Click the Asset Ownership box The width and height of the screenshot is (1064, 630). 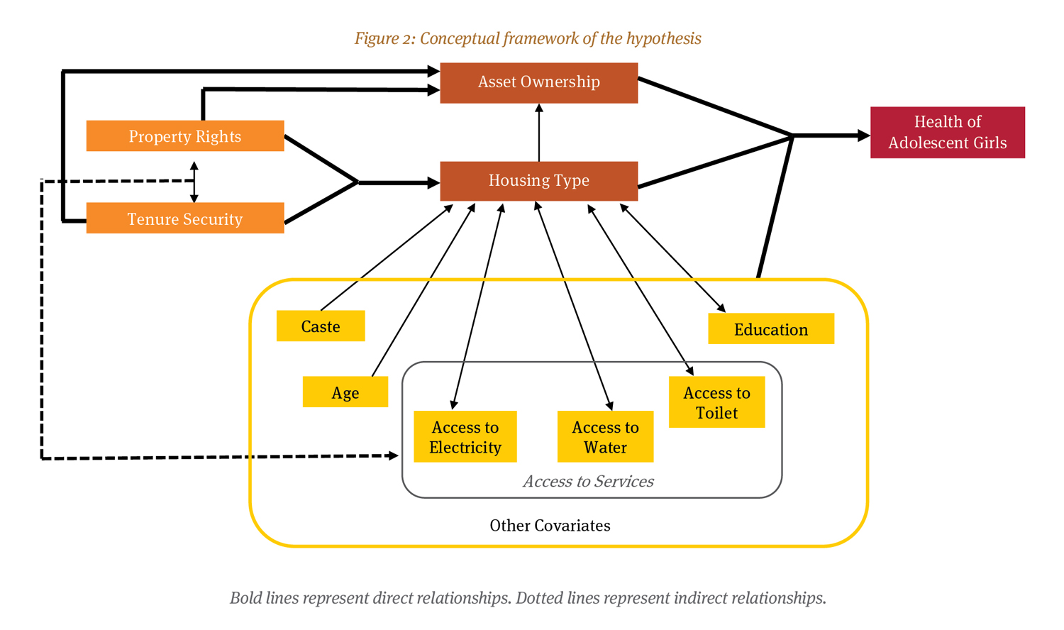click(x=538, y=82)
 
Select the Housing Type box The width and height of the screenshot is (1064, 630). click(x=538, y=181)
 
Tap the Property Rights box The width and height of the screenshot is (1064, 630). click(x=184, y=136)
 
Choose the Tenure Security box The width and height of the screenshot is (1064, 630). click(x=184, y=219)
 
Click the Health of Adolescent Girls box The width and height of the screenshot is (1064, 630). click(x=947, y=133)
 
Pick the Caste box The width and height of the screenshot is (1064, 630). click(x=321, y=326)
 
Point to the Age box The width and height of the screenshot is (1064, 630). click(x=345, y=392)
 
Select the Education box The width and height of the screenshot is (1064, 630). click(x=770, y=329)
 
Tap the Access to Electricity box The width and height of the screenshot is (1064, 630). click(x=465, y=437)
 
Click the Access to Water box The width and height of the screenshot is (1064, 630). click(x=605, y=437)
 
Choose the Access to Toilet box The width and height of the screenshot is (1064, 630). click(x=716, y=402)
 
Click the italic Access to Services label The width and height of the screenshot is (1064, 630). click(x=588, y=482)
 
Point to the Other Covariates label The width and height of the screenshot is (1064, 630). click(x=550, y=526)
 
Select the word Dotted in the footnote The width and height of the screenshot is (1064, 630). click(x=538, y=598)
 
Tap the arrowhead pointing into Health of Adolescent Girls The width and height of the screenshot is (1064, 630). click(x=863, y=136)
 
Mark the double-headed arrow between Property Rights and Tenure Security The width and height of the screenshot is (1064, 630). click(x=194, y=182)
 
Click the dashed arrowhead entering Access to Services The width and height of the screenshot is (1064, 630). click(x=394, y=455)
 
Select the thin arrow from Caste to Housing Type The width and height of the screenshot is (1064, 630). click(x=387, y=258)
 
